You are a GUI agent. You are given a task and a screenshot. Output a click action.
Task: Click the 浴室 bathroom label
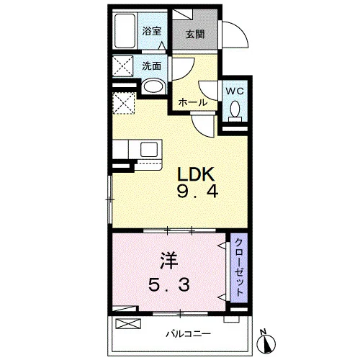[152, 31]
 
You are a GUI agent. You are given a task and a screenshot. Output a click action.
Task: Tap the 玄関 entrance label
[195, 35]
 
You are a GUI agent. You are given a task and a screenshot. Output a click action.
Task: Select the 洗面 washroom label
[152, 66]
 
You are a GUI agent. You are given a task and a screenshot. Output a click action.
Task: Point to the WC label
[235, 91]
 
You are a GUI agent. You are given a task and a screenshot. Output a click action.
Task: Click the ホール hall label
[193, 102]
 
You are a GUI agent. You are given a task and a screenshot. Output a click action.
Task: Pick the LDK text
[196, 174]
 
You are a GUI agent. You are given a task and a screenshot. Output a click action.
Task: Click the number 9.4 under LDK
[197, 192]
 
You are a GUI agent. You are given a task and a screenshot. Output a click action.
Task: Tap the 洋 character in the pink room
[169, 261]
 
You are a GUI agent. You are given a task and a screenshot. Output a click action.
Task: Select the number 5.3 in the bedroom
[169, 284]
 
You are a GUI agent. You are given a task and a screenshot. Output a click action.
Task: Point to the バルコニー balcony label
[189, 334]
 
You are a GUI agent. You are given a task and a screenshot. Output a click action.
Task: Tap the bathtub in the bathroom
[125, 31]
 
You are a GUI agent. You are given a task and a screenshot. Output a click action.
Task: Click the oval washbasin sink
[153, 86]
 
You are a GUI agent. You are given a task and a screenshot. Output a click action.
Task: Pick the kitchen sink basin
[149, 149]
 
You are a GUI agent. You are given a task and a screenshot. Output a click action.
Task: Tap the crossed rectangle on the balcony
[128, 323]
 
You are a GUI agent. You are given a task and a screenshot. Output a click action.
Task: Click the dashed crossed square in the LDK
[123, 103]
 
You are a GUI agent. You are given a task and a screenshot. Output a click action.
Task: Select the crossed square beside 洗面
[123, 66]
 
